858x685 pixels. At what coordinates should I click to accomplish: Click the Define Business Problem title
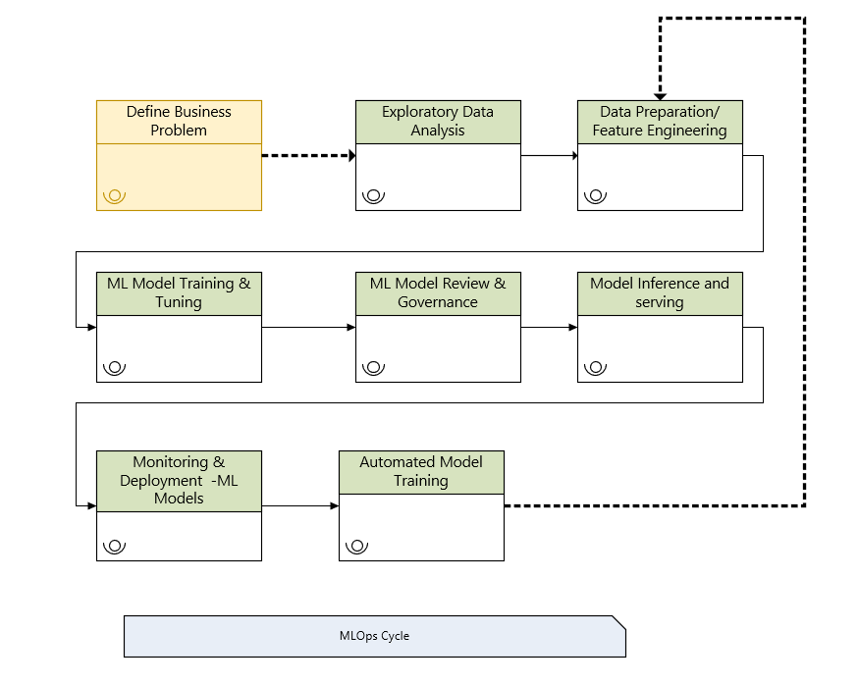click(179, 121)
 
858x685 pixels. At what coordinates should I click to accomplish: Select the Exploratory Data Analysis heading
click(438, 121)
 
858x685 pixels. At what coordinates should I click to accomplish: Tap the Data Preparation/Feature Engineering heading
click(660, 121)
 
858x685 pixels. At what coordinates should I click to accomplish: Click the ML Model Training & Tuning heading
click(179, 292)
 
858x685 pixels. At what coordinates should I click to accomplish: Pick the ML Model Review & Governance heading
click(438, 292)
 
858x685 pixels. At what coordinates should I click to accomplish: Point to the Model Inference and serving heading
click(660, 292)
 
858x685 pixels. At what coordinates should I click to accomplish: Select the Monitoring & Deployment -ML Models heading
click(179, 480)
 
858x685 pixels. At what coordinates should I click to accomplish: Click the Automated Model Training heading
click(421, 471)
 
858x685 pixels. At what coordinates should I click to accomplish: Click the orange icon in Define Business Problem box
click(114, 195)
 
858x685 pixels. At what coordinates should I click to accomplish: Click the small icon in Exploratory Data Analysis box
click(373, 195)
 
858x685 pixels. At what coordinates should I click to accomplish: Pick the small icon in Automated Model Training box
click(356, 547)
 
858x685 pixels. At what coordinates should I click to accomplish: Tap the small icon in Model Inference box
click(595, 368)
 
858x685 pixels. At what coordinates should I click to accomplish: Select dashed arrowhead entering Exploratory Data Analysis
click(350, 155)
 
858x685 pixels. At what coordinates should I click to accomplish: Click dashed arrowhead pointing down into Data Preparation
click(660, 95)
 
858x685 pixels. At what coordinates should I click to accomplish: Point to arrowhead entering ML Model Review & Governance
click(351, 327)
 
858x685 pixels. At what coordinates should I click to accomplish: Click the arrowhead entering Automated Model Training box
click(335, 505)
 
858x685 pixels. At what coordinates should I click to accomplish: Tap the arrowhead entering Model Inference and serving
click(573, 327)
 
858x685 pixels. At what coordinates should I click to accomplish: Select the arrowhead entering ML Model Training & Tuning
click(92, 327)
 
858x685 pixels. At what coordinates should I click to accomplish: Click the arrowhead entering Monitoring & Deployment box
click(92, 505)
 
